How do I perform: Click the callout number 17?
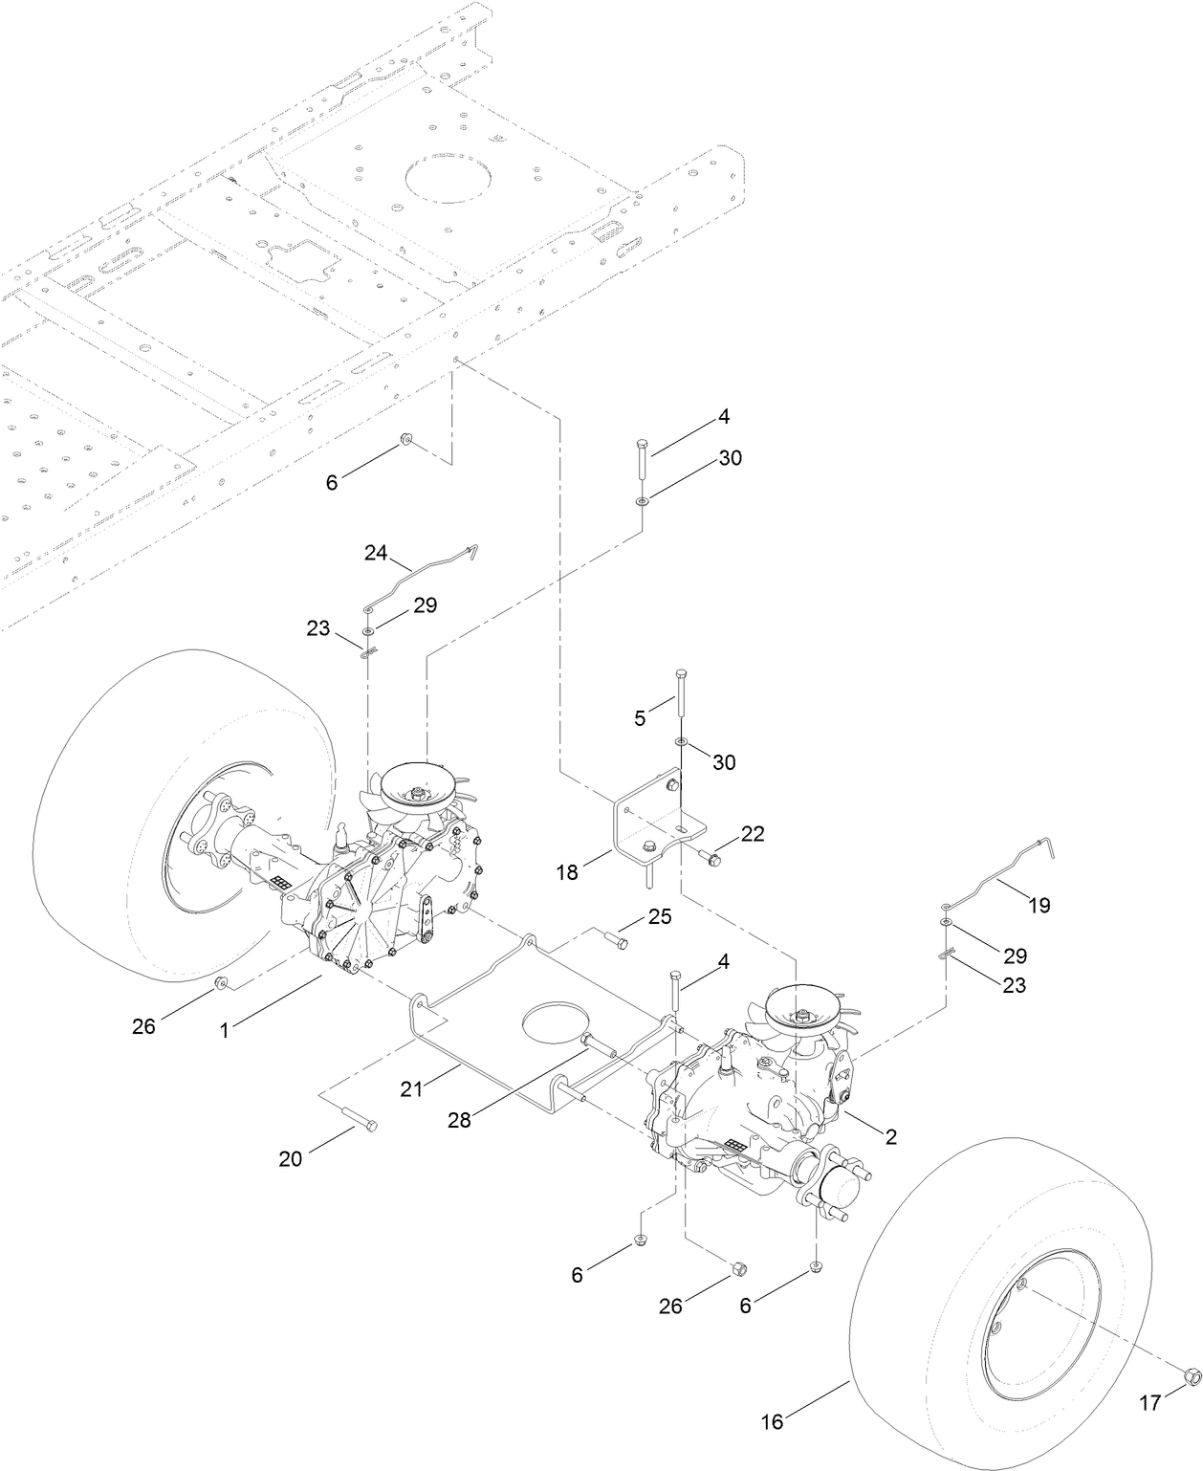pos(1148,1402)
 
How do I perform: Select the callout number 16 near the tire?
pos(772,1422)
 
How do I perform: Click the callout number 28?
pos(460,1120)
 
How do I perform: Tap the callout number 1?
pos(225,1030)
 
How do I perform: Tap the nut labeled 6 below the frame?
pos(405,440)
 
